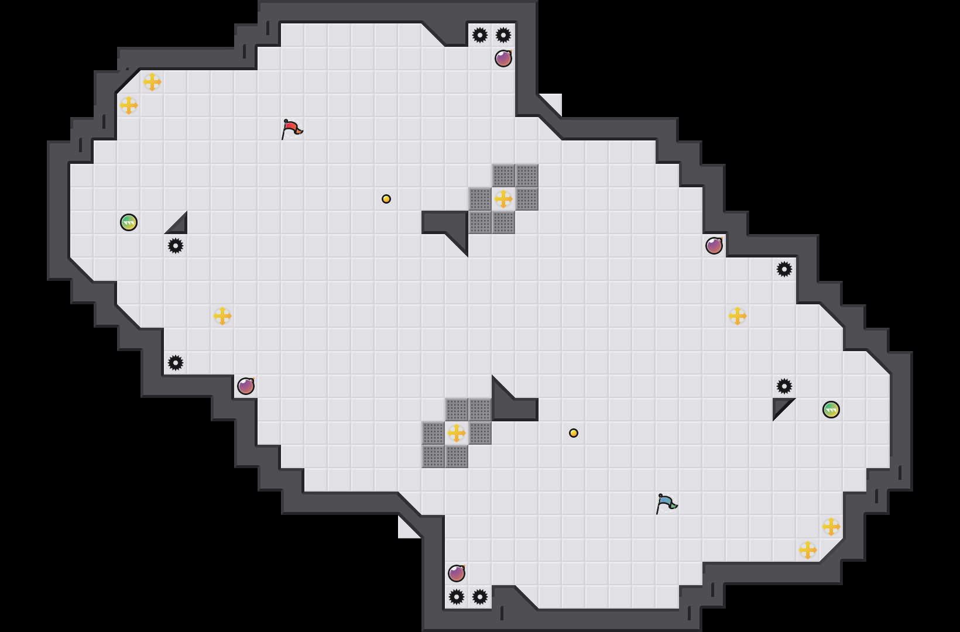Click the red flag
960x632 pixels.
[292, 128]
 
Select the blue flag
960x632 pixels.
[666, 503]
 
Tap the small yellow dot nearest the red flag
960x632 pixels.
[386, 199]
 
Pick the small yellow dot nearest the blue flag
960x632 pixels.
[574, 433]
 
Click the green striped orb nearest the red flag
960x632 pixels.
[129, 222]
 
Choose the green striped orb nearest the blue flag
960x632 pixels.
[831, 410]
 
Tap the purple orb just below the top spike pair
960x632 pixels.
[503, 59]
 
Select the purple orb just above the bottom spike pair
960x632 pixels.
[457, 573]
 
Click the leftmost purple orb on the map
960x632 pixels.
[246, 386]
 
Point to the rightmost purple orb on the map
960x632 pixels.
[714, 246]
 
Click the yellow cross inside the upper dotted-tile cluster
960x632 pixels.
[503, 199]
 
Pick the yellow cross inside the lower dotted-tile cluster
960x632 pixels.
[457, 433]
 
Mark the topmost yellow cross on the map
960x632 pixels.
[152, 82]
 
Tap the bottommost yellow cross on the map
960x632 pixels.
[808, 550]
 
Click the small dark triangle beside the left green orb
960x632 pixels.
[179, 225]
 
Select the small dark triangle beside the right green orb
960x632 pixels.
[781, 406]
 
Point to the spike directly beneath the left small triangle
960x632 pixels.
[176, 246]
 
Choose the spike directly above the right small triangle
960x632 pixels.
[784, 386]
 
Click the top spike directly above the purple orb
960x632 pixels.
[503, 35]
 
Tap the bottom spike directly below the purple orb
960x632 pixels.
[457, 597]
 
